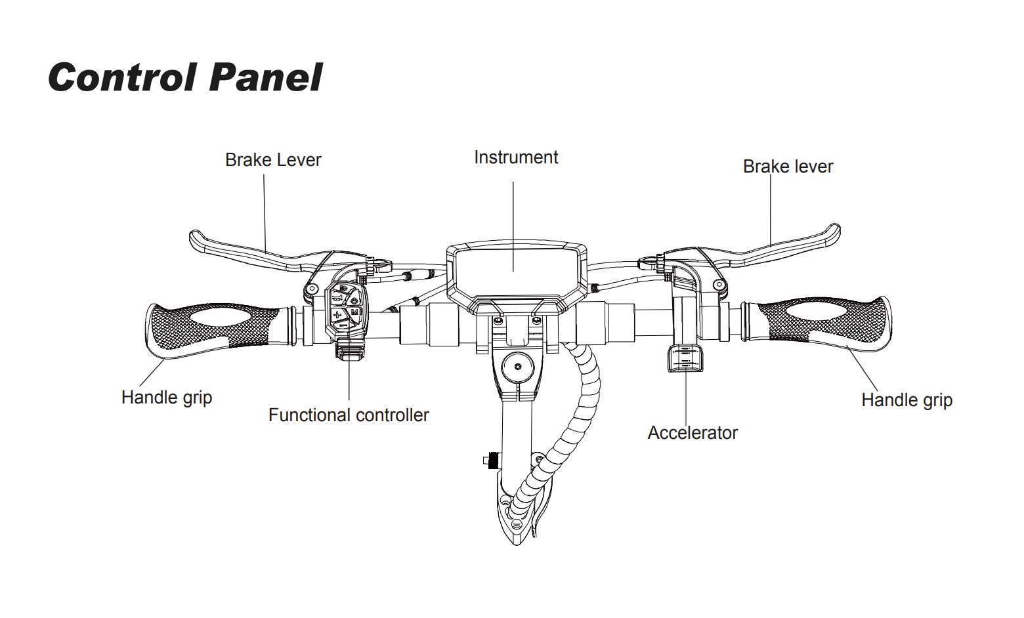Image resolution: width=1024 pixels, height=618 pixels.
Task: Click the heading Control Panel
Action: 185,77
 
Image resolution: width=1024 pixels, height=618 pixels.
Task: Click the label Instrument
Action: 516,157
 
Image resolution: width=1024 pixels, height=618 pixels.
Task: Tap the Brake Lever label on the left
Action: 273,160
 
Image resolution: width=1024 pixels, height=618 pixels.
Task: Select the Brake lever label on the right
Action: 788,167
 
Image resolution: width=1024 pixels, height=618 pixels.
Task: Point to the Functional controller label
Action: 349,415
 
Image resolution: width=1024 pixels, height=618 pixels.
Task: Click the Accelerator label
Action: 693,433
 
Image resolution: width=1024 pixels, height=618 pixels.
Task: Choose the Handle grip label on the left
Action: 167,398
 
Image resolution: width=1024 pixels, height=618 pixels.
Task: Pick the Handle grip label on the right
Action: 907,400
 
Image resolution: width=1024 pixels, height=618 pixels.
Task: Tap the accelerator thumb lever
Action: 685,358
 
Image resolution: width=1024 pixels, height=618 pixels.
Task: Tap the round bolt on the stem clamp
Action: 517,365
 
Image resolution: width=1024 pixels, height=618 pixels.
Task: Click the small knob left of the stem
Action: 490,461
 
